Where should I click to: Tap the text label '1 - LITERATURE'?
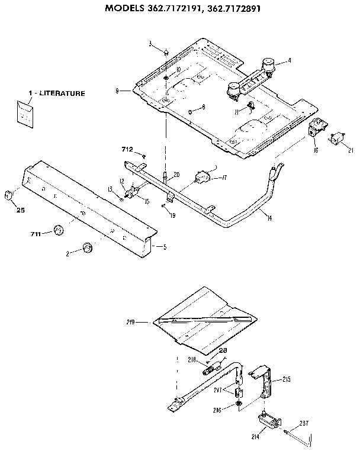click(x=56, y=94)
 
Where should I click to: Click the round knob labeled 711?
click(x=59, y=230)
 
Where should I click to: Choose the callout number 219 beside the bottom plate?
click(x=131, y=322)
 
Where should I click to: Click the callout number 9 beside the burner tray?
click(x=118, y=91)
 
